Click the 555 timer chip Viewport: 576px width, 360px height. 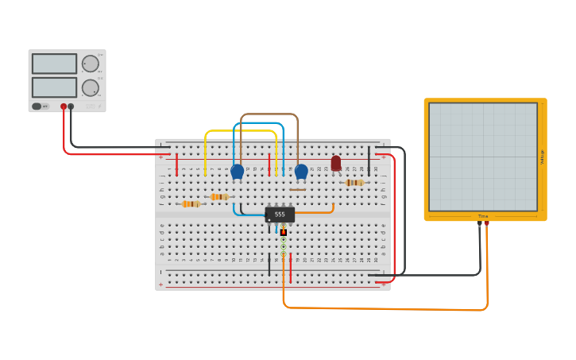(x=280, y=215)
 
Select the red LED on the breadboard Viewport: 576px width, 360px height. (x=336, y=163)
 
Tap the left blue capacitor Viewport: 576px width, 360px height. (x=237, y=171)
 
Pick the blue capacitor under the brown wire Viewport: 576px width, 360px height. (x=301, y=171)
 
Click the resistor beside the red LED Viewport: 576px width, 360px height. (x=354, y=183)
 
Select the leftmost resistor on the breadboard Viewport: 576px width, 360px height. (x=191, y=204)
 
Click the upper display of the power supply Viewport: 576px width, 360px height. (x=54, y=64)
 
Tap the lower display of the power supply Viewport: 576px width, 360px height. (x=54, y=87)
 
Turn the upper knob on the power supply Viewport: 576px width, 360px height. (x=91, y=64)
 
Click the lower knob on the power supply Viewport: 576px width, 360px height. (x=91, y=87)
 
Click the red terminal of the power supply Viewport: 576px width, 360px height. (x=64, y=106)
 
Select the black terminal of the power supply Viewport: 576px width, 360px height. (x=71, y=106)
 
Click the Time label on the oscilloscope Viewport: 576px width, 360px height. (x=483, y=216)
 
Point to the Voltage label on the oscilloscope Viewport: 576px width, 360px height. (x=542, y=157)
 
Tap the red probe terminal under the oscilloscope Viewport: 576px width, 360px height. (x=487, y=223)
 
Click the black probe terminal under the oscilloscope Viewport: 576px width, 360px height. (x=479, y=223)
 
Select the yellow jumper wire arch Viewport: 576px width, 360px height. (x=241, y=131)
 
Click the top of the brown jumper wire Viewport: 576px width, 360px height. (x=269, y=114)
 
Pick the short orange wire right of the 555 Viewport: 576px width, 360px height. (x=316, y=212)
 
